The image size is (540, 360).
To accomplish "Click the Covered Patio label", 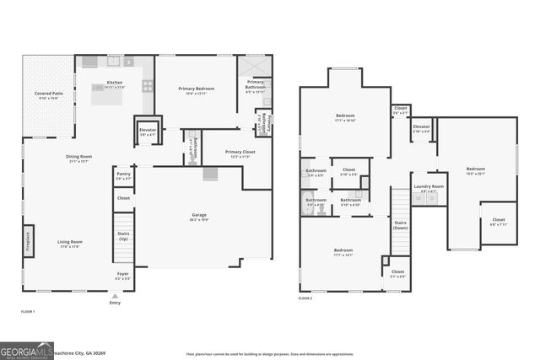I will pos(49,95).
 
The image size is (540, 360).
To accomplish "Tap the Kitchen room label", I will pos(115,83).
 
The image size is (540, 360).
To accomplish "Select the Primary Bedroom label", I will pos(195,89).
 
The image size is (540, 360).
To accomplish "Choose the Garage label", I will pos(198,215).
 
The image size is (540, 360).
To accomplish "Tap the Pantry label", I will pos(123,175).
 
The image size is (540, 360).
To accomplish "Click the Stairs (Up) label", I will pos(123,238).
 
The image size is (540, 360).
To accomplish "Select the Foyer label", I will pos(123,275).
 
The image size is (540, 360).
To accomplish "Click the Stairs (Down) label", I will pos(400,225).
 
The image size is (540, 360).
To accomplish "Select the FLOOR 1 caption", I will pos(29,312).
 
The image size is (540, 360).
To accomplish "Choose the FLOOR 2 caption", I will pos(305,298).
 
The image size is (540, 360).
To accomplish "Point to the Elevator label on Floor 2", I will pos(422,127).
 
